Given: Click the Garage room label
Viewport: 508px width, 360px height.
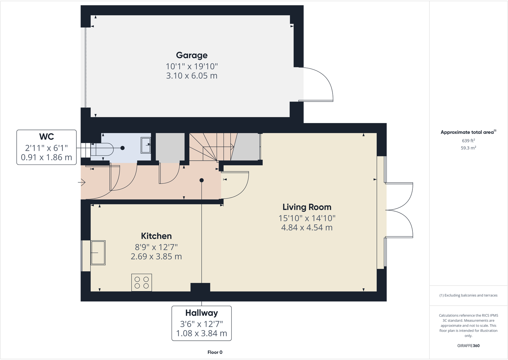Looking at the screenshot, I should click(x=192, y=55).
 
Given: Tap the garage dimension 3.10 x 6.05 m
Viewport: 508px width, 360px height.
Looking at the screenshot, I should click(x=192, y=76).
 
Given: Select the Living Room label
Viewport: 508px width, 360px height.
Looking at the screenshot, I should click(x=307, y=207).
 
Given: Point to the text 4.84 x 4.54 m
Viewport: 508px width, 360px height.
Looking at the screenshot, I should click(x=307, y=227).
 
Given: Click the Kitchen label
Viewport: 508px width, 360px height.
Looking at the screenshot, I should click(x=156, y=236).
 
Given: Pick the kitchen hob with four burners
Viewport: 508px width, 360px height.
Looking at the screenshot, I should click(x=142, y=282).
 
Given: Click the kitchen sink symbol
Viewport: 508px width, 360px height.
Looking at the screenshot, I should click(x=98, y=253).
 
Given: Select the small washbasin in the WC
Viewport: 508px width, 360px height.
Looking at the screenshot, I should click(x=146, y=145).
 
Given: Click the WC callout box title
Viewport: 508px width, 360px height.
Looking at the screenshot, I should click(x=46, y=137).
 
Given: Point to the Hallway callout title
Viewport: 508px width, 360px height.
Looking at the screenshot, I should click(x=201, y=313).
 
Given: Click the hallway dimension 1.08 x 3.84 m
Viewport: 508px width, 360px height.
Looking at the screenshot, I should click(x=201, y=333).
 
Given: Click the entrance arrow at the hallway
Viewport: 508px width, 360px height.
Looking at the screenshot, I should click(x=82, y=183).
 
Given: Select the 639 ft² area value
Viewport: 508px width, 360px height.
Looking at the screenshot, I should click(x=468, y=141).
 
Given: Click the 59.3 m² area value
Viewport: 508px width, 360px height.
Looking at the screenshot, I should click(x=468, y=148).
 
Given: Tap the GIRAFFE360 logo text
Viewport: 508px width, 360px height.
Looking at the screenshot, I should click(x=468, y=346).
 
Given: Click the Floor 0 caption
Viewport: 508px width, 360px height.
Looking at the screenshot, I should click(x=215, y=352).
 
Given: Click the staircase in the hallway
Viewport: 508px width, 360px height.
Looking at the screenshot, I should click(x=211, y=147).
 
